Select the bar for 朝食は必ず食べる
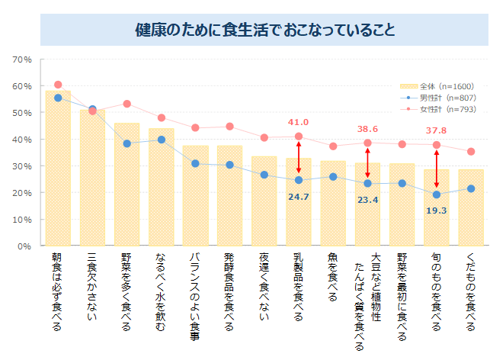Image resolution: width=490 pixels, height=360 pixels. coord(58,169)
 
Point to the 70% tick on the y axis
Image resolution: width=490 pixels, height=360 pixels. coord(22,59)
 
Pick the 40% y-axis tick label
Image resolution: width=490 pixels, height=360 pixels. coord(22,140)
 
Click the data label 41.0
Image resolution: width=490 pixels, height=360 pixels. coord(298,122)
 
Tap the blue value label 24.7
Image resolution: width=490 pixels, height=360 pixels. coord(298,197)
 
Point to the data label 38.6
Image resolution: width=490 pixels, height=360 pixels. coord(367,129)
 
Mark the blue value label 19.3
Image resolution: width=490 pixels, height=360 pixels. coord(436,211)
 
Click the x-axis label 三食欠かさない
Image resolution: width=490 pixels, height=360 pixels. coord(92,282)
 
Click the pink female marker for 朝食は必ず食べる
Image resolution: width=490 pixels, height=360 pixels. coord(58,85)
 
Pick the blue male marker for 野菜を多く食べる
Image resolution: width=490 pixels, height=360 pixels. coord(127,143)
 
